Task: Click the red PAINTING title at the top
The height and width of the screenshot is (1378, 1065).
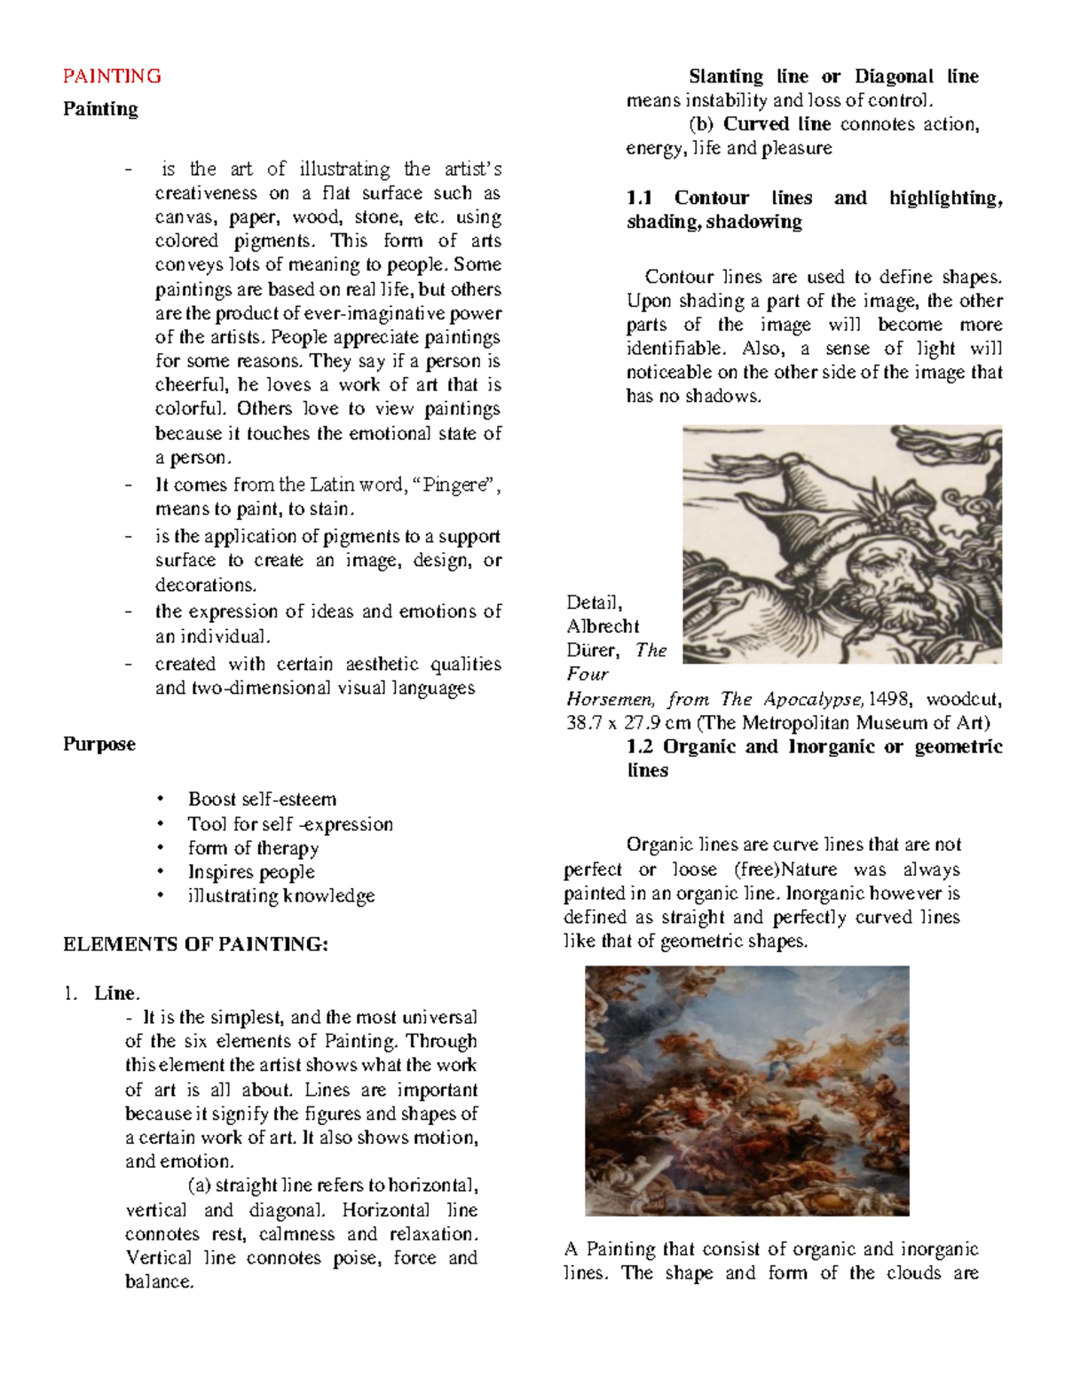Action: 112,76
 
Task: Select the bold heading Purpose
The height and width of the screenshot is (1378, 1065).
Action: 99,744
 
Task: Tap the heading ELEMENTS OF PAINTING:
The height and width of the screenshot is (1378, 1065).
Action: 195,944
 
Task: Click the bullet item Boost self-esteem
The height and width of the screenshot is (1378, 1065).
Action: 262,799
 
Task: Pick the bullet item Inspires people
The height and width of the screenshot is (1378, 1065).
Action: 251,871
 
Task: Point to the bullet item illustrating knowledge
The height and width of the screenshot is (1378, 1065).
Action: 280,895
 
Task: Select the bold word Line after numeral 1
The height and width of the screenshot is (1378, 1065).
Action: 115,993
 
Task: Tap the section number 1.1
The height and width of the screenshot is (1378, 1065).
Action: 639,198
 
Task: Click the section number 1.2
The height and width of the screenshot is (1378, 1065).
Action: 639,746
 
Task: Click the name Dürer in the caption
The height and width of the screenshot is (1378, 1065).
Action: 592,650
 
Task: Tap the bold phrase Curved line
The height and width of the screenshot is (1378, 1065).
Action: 777,124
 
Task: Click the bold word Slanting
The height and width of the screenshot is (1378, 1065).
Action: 725,76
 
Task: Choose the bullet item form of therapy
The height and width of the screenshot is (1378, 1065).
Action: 253,847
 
